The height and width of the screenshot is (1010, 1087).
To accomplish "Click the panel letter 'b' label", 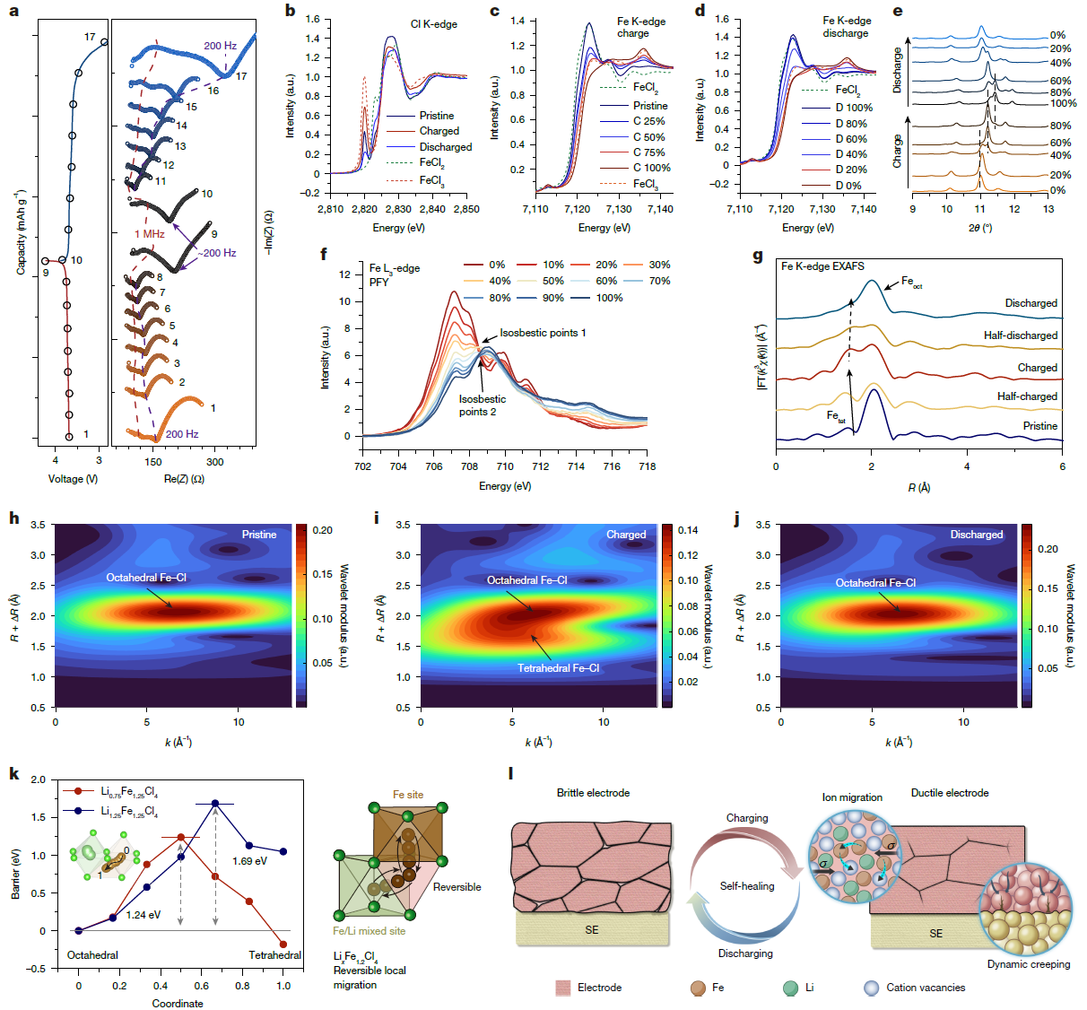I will pos(290,11).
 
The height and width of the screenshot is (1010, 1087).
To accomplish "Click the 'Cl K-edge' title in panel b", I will pos(433,24).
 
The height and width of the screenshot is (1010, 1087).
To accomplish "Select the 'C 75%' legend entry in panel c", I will pos(648,152).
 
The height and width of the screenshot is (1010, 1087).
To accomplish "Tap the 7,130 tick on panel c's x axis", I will pos(619,209).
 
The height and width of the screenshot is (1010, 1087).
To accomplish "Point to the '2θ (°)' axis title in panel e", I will pos(979,228).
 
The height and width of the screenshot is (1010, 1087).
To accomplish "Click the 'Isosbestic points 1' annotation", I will pos(543,333).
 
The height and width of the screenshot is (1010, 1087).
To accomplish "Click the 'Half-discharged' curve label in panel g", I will pos(1020,335).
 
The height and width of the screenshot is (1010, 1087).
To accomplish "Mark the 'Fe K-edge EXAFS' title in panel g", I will pos(822,266).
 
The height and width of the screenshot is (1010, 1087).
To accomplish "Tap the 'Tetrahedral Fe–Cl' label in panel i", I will pos(558,668).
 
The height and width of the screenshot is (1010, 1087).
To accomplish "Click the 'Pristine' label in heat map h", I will pos(259,535).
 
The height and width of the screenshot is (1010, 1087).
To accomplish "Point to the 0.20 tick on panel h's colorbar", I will pos(323,530).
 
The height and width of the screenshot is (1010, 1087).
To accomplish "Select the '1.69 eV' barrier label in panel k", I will pos(249,861).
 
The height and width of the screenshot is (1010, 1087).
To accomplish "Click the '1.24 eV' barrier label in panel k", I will pos(143,915).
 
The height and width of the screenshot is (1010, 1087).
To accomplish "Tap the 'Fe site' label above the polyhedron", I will pos(408,795).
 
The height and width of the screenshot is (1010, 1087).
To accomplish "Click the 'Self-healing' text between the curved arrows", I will pos(746,886).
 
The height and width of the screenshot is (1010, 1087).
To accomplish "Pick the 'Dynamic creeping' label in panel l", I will pos(1029,964).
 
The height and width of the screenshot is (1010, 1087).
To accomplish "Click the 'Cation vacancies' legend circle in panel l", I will pos(871,988).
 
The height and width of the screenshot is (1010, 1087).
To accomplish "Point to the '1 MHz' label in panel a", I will pos(150,234).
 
